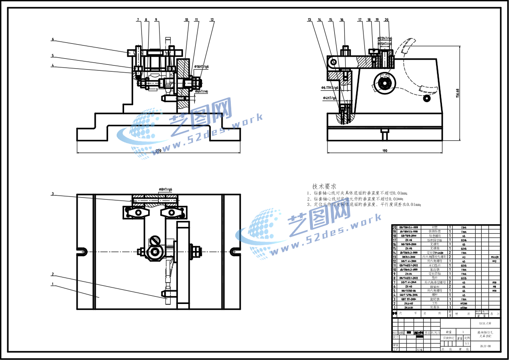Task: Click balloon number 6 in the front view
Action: pos(52,40)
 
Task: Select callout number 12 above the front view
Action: pos(212,20)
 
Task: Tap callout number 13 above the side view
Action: pos(309,20)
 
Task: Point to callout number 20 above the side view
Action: pos(387,20)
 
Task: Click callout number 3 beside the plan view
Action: pos(52,194)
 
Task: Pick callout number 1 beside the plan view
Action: pos(52,284)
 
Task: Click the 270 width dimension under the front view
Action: pos(159,150)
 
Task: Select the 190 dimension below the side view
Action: pos(384,150)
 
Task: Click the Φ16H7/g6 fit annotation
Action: pos(201,67)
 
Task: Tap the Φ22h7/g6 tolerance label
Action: pos(384,39)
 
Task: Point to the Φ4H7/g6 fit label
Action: pos(330,98)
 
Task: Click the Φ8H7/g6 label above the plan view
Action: pos(165,189)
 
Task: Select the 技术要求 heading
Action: pos(324,186)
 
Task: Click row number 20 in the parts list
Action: pos(394,227)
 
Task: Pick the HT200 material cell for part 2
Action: pos(464,303)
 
